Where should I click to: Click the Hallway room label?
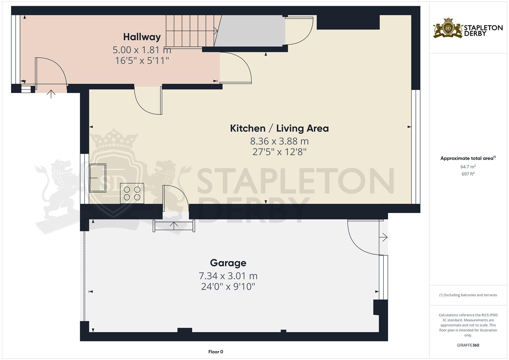click(x=142, y=37)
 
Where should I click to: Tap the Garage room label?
click(x=228, y=263)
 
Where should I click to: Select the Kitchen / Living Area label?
click(x=279, y=128)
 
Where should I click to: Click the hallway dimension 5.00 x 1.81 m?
click(x=142, y=50)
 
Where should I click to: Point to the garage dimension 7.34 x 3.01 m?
click(x=228, y=276)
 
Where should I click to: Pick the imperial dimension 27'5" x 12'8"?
click(x=279, y=152)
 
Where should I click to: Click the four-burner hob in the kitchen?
click(x=132, y=193)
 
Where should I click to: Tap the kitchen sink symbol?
click(x=98, y=178)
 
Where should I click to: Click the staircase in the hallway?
click(x=192, y=31)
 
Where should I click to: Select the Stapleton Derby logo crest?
click(x=448, y=28)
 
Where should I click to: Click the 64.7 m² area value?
click(x=468, y=167)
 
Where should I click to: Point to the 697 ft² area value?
click(x=468, y=174)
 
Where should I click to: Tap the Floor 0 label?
click(x=216, y=352)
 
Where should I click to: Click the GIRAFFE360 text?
click(x=468, y=345)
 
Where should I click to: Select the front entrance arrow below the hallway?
click(x=51, y=94)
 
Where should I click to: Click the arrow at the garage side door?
click(x=383, y=237)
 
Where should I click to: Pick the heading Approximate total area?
click(x=468, y=158)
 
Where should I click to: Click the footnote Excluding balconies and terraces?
click(x=468, y=295)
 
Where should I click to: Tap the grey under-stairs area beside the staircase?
click(x=250, y=31)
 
